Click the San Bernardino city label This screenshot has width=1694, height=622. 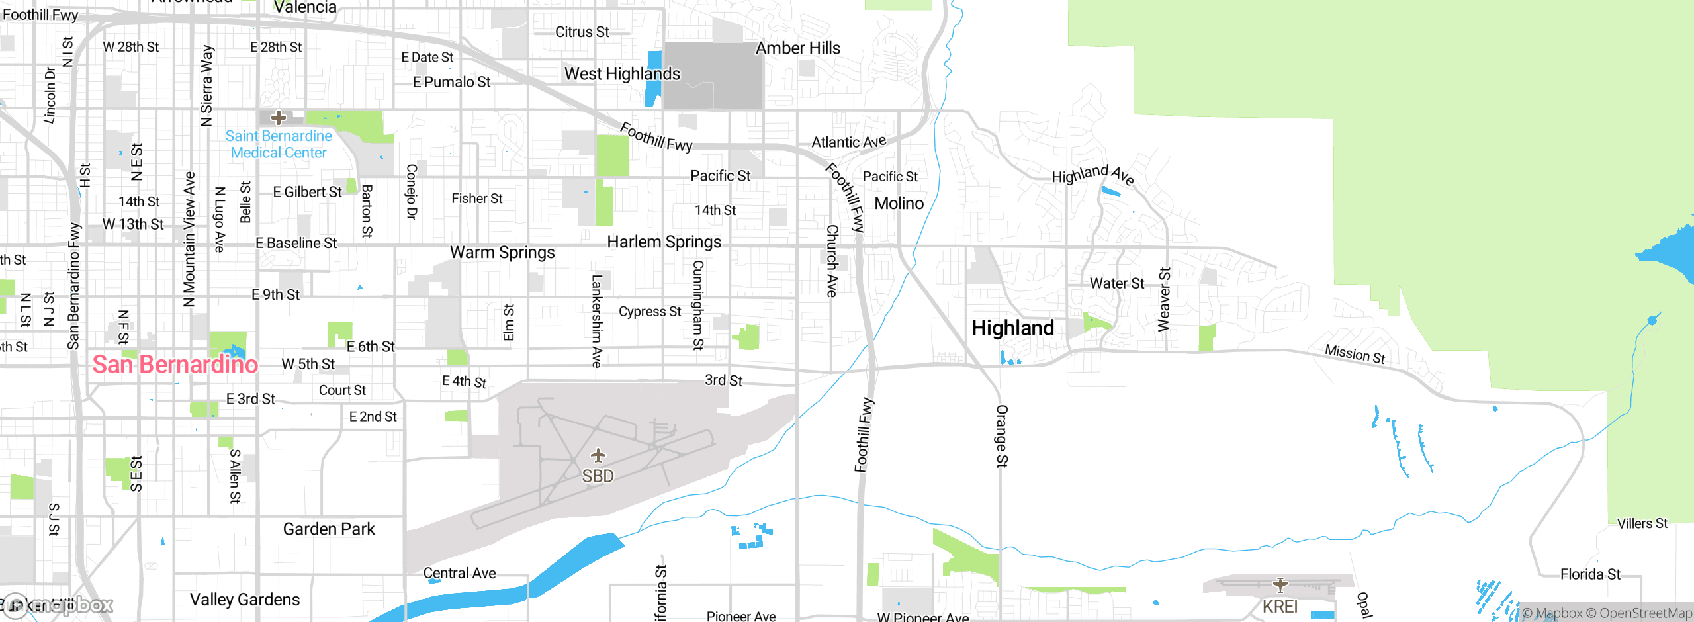tap(175, 364)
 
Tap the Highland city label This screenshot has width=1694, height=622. tap(1012, 328)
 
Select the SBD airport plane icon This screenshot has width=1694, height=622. tap(598, 455)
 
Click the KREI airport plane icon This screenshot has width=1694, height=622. tap(1280, 584)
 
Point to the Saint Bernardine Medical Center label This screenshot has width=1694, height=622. tap(279, 144)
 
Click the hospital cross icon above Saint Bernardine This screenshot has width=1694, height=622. tap(279, 118)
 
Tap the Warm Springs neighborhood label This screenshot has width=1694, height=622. tap(502, 253)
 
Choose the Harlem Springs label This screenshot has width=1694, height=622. tap(664, 242)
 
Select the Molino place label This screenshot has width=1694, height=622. tap(899, 204)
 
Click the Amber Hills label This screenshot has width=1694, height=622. tap(798, 48)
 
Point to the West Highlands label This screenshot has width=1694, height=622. tap(622, 74)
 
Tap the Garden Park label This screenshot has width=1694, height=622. tap(329, 529)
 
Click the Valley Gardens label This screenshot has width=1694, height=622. tap(245, 600)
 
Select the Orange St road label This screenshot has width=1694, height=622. tap(1002, 436)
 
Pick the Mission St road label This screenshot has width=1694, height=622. tap(1355, 354)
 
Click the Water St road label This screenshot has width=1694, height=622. tap(1116, 283)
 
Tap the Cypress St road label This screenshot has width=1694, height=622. tap(649, 312)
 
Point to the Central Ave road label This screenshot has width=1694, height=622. tap(459, 574)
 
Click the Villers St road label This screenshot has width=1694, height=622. tap(1642, 524)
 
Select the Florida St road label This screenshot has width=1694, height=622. tap(1590, 574)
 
